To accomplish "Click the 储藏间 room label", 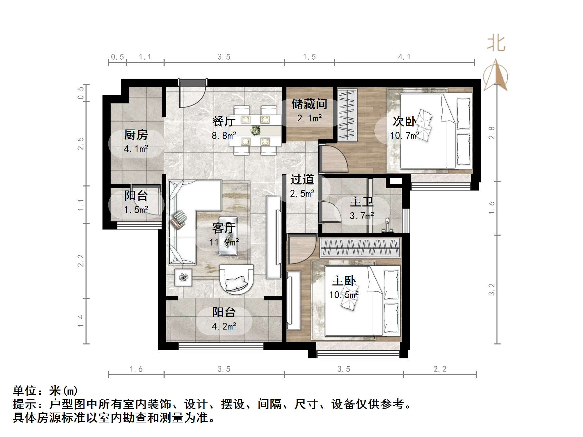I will pyautogui.click(x=309, y=104).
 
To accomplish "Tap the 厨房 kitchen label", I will pyautogui.click(x=136, y=135).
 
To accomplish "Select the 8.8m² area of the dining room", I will pyautogui.click(x=224, y=136).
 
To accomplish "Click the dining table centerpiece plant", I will pyautogui.click(x=255, y=130).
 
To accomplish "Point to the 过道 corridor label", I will pyautogui.click(x=302, y=180).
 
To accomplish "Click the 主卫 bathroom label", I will pyautogui.click(x=362, y=202).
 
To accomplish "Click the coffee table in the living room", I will pyautogui.click(x=228, y=236).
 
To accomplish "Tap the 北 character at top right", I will pyautogui.click(x=496, y=44).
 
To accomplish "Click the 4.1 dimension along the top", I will pyautogui.click(x=404, y=57).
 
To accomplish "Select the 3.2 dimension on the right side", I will pyautogui.click(x=492, y=290).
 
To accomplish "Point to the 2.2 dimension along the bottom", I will pyautogui.click(x=440, y=369).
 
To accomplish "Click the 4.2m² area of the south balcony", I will pyautogui.click(x=224, y=326).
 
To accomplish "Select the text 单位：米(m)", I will pyautogui.click(x=45, y=391).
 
